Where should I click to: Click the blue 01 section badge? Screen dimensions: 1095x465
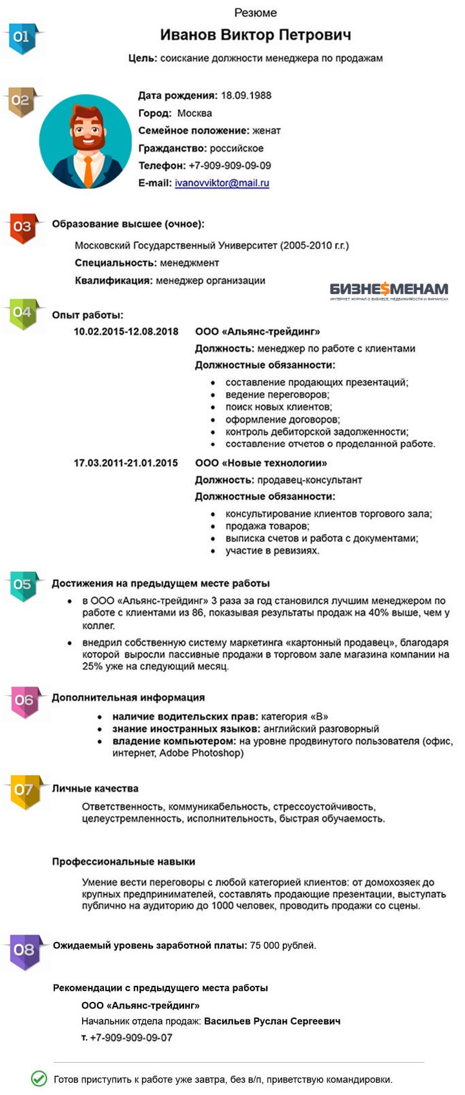point(22,38)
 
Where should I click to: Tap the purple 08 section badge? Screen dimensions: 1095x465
point(25,950)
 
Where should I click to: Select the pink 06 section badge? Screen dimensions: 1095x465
point(25,701)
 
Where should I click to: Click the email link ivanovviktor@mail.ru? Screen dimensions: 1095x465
point(222,183)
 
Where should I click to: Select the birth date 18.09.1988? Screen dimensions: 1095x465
point(246,96)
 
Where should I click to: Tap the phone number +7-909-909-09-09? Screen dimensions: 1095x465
point(229,165)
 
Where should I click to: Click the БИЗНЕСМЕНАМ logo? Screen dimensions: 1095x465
point(389,290)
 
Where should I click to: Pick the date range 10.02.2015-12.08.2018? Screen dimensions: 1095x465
point(126,331)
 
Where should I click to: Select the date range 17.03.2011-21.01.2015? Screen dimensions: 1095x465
point(126,463)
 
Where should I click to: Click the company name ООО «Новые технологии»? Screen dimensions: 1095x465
point(261,463)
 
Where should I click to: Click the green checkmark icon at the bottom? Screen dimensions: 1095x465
point(39,1078)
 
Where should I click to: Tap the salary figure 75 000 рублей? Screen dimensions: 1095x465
point(283,946)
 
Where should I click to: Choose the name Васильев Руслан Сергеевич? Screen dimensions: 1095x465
point(272,1021)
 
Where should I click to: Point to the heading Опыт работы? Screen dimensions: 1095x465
point(88,315)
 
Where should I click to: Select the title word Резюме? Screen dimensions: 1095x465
point(255,12)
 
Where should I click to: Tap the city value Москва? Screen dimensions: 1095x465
point(194,113)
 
